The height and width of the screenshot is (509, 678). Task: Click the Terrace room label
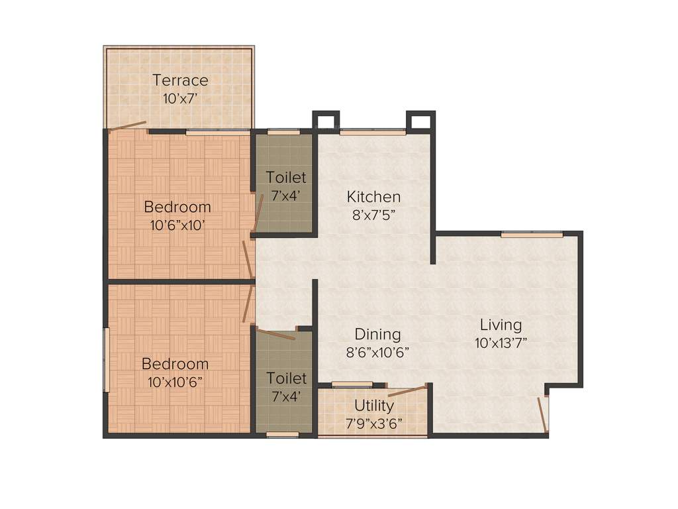point(180,81)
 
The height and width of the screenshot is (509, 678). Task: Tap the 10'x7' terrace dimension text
point(180,98)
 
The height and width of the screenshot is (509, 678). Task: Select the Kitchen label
point(374,197)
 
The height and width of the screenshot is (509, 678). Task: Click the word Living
point(501,325)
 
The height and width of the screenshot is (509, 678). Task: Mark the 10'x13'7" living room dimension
point(501,343)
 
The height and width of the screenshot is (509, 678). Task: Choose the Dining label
point(377,334)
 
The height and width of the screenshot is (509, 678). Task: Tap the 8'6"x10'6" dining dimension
point(377,352)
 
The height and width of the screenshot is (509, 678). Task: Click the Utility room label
point(374,405)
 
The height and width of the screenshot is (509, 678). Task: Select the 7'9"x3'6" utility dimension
point(374,422)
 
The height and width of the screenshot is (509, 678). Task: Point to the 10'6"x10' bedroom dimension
point(177,225)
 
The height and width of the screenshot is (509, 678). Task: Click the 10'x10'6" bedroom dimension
point(175,381)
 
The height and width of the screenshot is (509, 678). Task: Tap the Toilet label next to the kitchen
point(286,178)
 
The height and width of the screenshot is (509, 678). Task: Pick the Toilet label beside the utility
point(286,378)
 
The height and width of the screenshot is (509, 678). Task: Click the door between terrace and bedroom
point(128,126)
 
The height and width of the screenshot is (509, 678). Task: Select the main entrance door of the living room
point(542,414)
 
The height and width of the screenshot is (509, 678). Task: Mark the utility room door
point(407,390)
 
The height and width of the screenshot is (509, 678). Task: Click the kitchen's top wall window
point(373,132)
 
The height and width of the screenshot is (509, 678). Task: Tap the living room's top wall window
point(532,234)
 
